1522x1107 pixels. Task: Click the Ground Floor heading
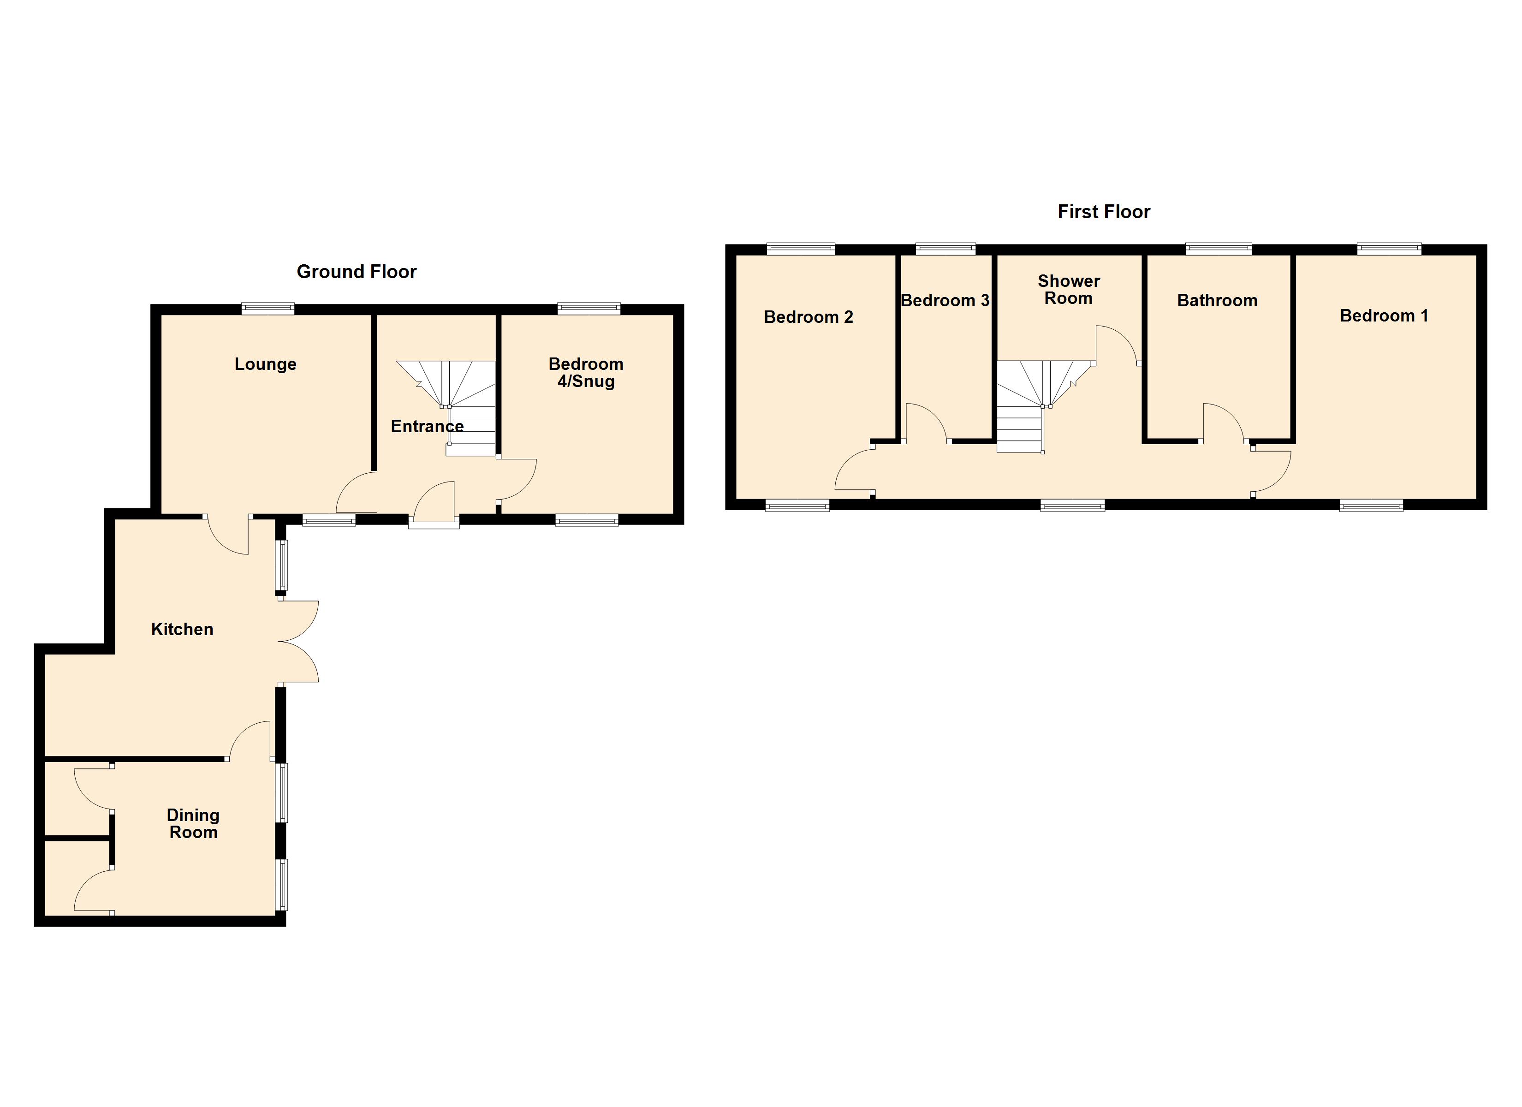[357, 271]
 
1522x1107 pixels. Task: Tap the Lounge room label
[265, 364]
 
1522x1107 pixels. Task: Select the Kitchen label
[182, 629]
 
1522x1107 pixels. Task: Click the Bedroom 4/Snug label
[586, 373]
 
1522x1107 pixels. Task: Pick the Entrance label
[427, 426]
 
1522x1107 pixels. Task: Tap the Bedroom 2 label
[808, 317]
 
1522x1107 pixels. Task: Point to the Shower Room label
[1068, 289]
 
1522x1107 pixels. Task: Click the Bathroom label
[1217, 300]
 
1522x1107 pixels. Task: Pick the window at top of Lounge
[268, 309]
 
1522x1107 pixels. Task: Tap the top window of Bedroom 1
[1388, 249]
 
